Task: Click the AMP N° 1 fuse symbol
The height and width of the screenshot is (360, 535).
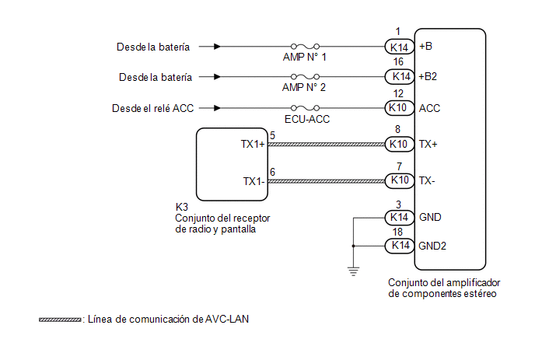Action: pos(305,47)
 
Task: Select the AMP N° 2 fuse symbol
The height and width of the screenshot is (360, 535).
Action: pos(305,77)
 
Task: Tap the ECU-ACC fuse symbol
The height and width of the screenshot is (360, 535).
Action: pos(305,108)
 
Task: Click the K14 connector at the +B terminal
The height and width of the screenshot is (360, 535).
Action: pos(399,47)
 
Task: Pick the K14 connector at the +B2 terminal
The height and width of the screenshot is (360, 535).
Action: pos(399,76)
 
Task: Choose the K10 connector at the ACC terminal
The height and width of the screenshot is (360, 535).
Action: pos(399,108)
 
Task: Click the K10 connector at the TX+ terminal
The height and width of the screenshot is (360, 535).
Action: pos(399,144)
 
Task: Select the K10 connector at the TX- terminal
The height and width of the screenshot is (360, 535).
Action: pos(399,180)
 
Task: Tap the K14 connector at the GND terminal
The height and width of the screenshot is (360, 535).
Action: pos(399,218)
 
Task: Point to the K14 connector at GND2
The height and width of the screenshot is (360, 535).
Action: pos(399,246)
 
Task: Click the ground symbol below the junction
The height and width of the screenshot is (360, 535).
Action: pos(354,271)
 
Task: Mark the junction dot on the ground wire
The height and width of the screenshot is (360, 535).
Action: pos(354,246)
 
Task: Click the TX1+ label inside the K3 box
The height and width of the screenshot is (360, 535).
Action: pos(253,145)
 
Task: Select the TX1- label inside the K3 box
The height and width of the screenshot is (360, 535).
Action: pos(254,181)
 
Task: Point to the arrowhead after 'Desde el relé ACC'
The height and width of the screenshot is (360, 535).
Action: pos(217,108)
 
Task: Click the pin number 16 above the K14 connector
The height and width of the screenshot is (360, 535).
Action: pos(398,61)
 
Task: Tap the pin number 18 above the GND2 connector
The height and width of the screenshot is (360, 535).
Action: pos(397,232)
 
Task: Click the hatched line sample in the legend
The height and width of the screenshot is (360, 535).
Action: pos(60,320)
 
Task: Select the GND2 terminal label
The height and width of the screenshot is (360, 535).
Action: pos(432,246)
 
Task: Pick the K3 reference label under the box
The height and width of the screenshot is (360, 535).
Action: pos(181,207)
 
